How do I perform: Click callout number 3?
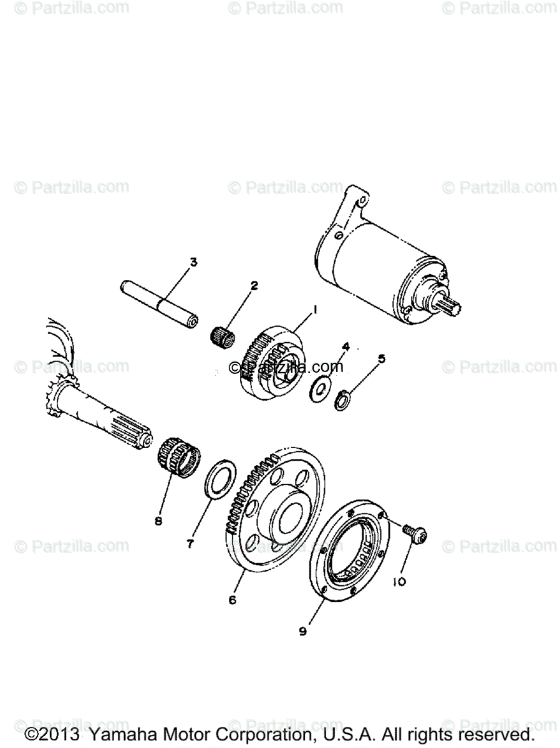pyautogui.click(x=193, y=262)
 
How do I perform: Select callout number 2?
pyautogui.click(x=254, y=286)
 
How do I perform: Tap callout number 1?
pyautogui.click(x=316, y=309)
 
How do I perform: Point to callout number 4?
pyautogui.click(x=345, y=346)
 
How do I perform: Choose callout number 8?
pyautogui.click(x=158, y=520)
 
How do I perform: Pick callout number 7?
pyautogui.click(x=190, y=543)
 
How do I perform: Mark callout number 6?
pyautogui.click(x=233, y=600)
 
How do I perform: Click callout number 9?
pyautogui.click(x=302, y=631)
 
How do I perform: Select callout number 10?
pyautogui.click(x=399, y=582)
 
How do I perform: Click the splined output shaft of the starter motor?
pyautogui.click(x=451, y=306)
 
